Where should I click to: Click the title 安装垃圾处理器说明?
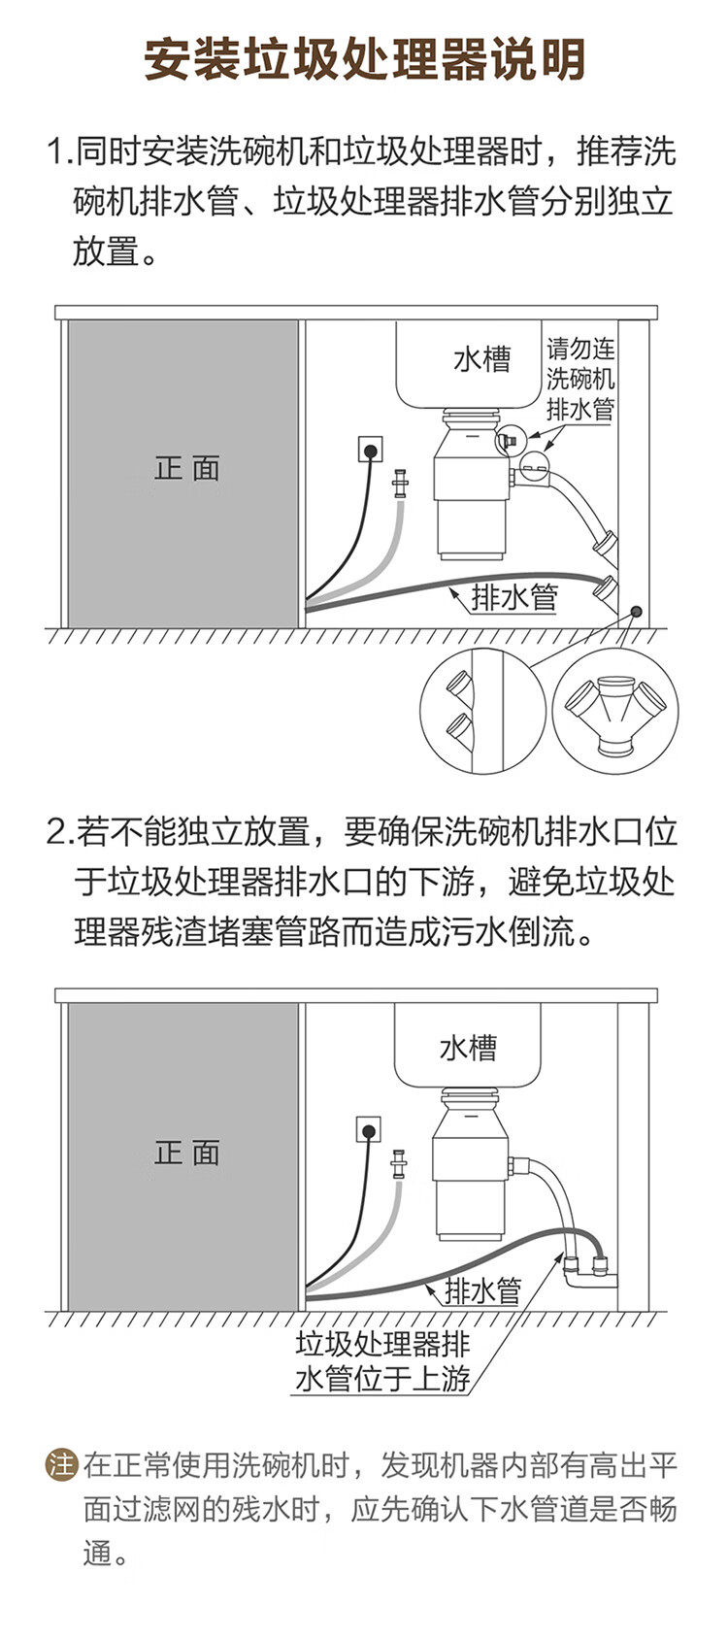(x=364, y=60)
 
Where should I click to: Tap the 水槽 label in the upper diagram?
(x=481, y=359)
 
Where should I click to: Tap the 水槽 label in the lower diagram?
(x=468, y=1048)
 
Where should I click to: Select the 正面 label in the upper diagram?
(x=187, y=469)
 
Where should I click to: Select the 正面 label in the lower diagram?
(x=187, y=1153)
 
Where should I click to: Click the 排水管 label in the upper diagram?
(x=514, y=596)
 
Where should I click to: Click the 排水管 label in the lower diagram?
(x=482, y=1290)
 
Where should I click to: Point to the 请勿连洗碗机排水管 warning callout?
(x=579, y=379)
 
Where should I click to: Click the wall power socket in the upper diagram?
(x=370, y=450)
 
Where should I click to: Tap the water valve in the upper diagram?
(x=399, y=483)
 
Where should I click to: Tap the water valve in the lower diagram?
(x=398, y=1162)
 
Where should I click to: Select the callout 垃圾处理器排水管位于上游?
(x=382, y=1361)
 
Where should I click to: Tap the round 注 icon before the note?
(x=61, y=1464)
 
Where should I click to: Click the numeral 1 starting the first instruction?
(x=55, y=152)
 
